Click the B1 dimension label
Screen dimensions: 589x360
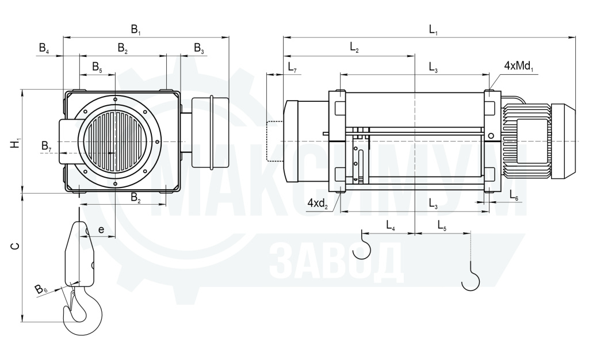click(136, 30)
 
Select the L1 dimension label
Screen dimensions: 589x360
click(434, 30)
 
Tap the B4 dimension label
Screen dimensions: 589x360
click(44, 48)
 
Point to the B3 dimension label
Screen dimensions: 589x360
click(199, 48)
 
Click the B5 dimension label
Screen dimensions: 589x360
click(97, 67)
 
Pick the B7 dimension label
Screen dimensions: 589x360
click(47, 147)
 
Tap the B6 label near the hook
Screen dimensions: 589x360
click(41, 289)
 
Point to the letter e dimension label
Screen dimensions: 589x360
click(101, 229)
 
